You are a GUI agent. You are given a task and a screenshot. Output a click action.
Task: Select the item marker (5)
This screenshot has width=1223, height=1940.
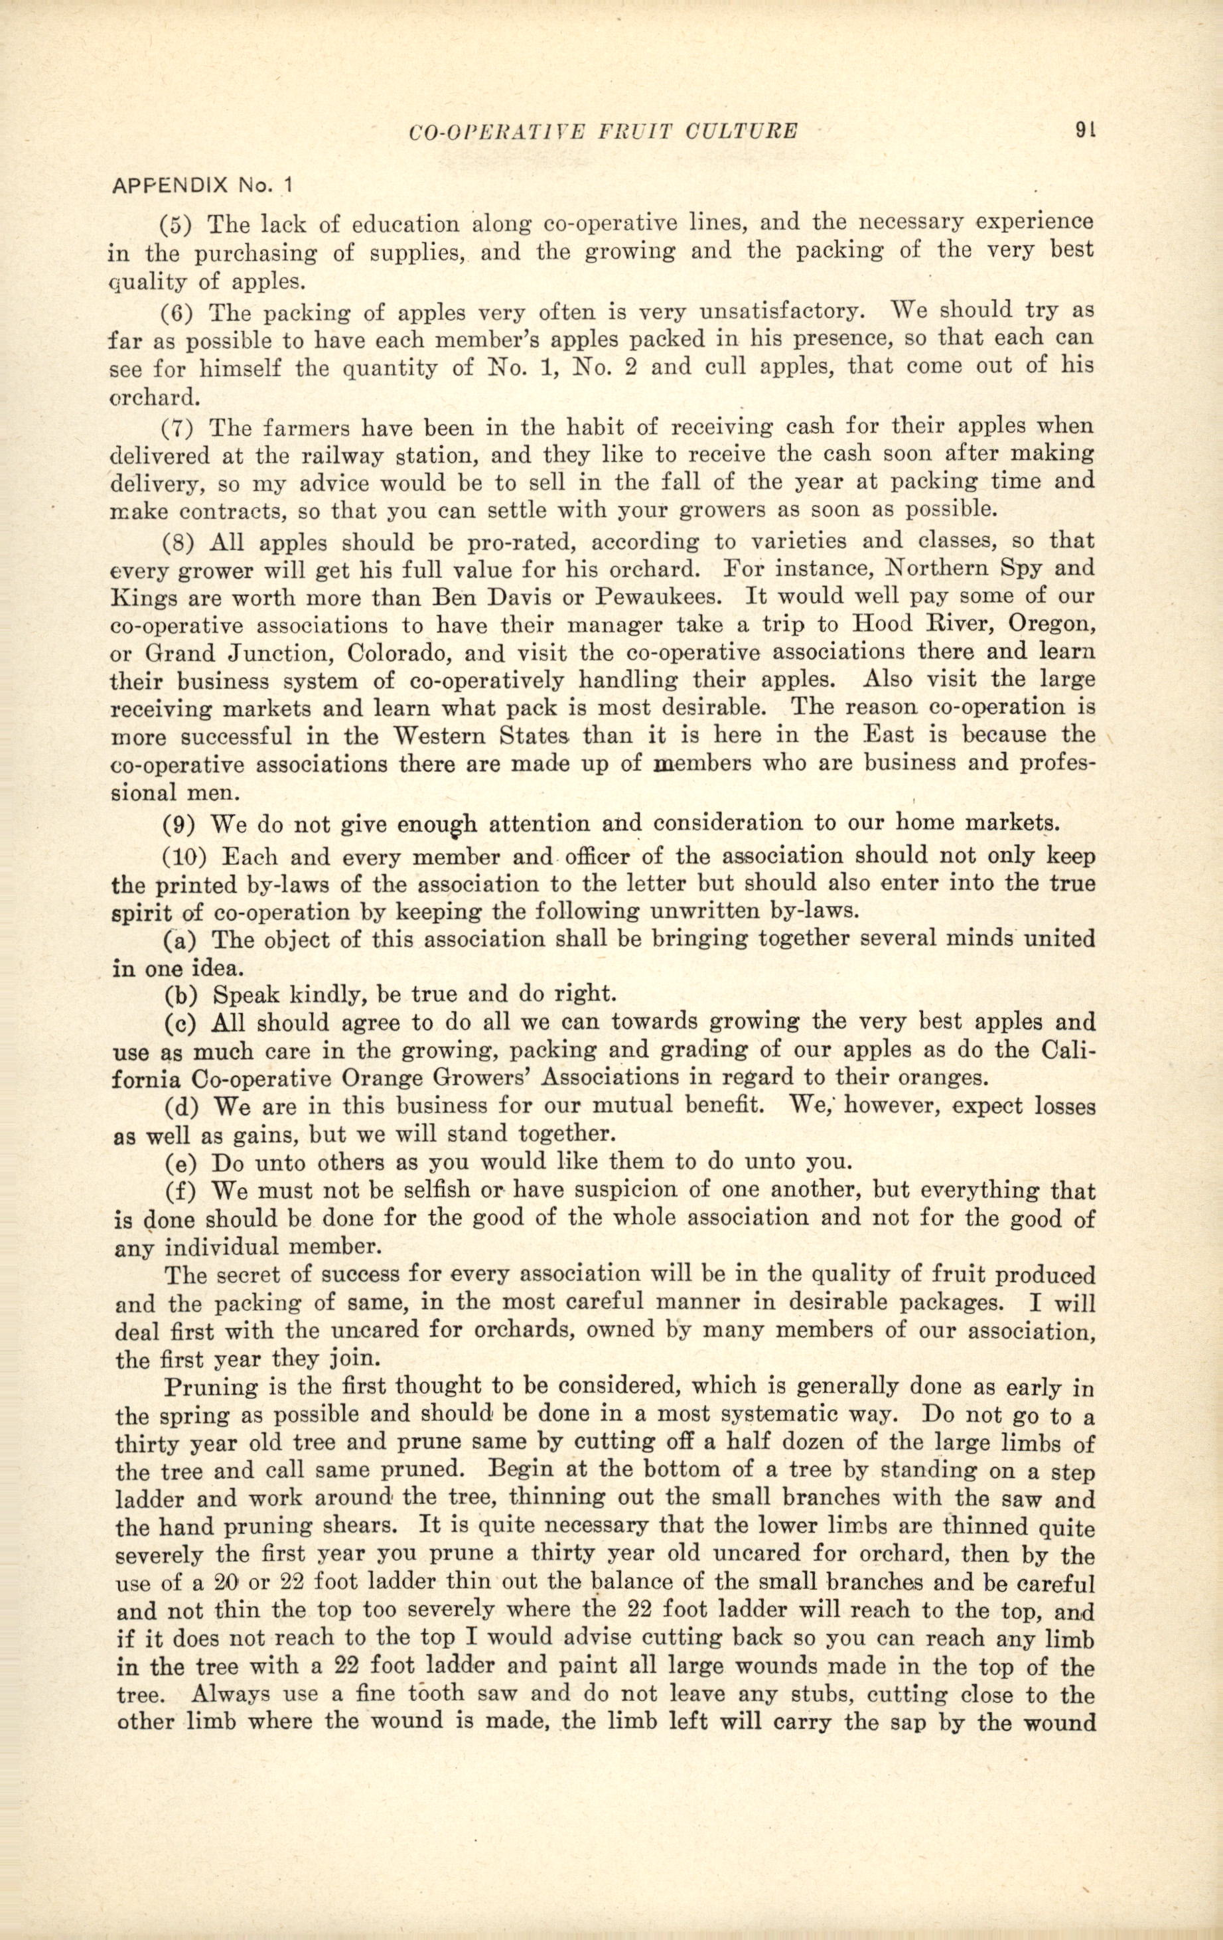point(178,223)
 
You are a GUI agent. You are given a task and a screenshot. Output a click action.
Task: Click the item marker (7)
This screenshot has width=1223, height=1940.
point(178,425)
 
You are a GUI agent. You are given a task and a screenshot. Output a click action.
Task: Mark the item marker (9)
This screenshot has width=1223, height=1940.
point(178,824)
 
